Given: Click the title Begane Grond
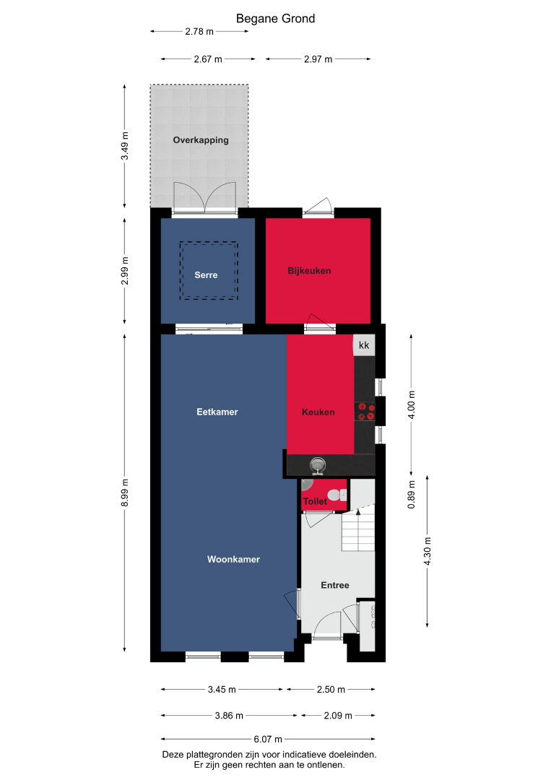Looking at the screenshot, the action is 276,19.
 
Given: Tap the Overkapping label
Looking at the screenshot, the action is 201,140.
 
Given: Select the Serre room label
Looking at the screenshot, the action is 206,275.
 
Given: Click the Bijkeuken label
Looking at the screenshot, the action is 309,271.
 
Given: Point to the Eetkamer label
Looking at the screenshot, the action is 217,412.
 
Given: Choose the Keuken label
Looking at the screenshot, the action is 318,412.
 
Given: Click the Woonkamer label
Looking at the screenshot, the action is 234,559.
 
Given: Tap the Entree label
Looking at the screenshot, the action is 335,585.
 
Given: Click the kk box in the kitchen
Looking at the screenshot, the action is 364,345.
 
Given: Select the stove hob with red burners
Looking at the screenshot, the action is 365,412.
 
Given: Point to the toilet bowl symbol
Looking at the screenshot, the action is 337,495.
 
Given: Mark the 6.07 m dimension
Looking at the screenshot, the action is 268,740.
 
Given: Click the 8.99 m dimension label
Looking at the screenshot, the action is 125,493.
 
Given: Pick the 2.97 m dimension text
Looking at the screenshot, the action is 318,59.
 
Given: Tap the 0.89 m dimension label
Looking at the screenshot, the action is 411,495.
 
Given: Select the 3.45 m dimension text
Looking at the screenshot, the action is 222,690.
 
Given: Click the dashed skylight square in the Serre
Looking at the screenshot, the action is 209,271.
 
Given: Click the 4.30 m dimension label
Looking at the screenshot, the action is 428,551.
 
